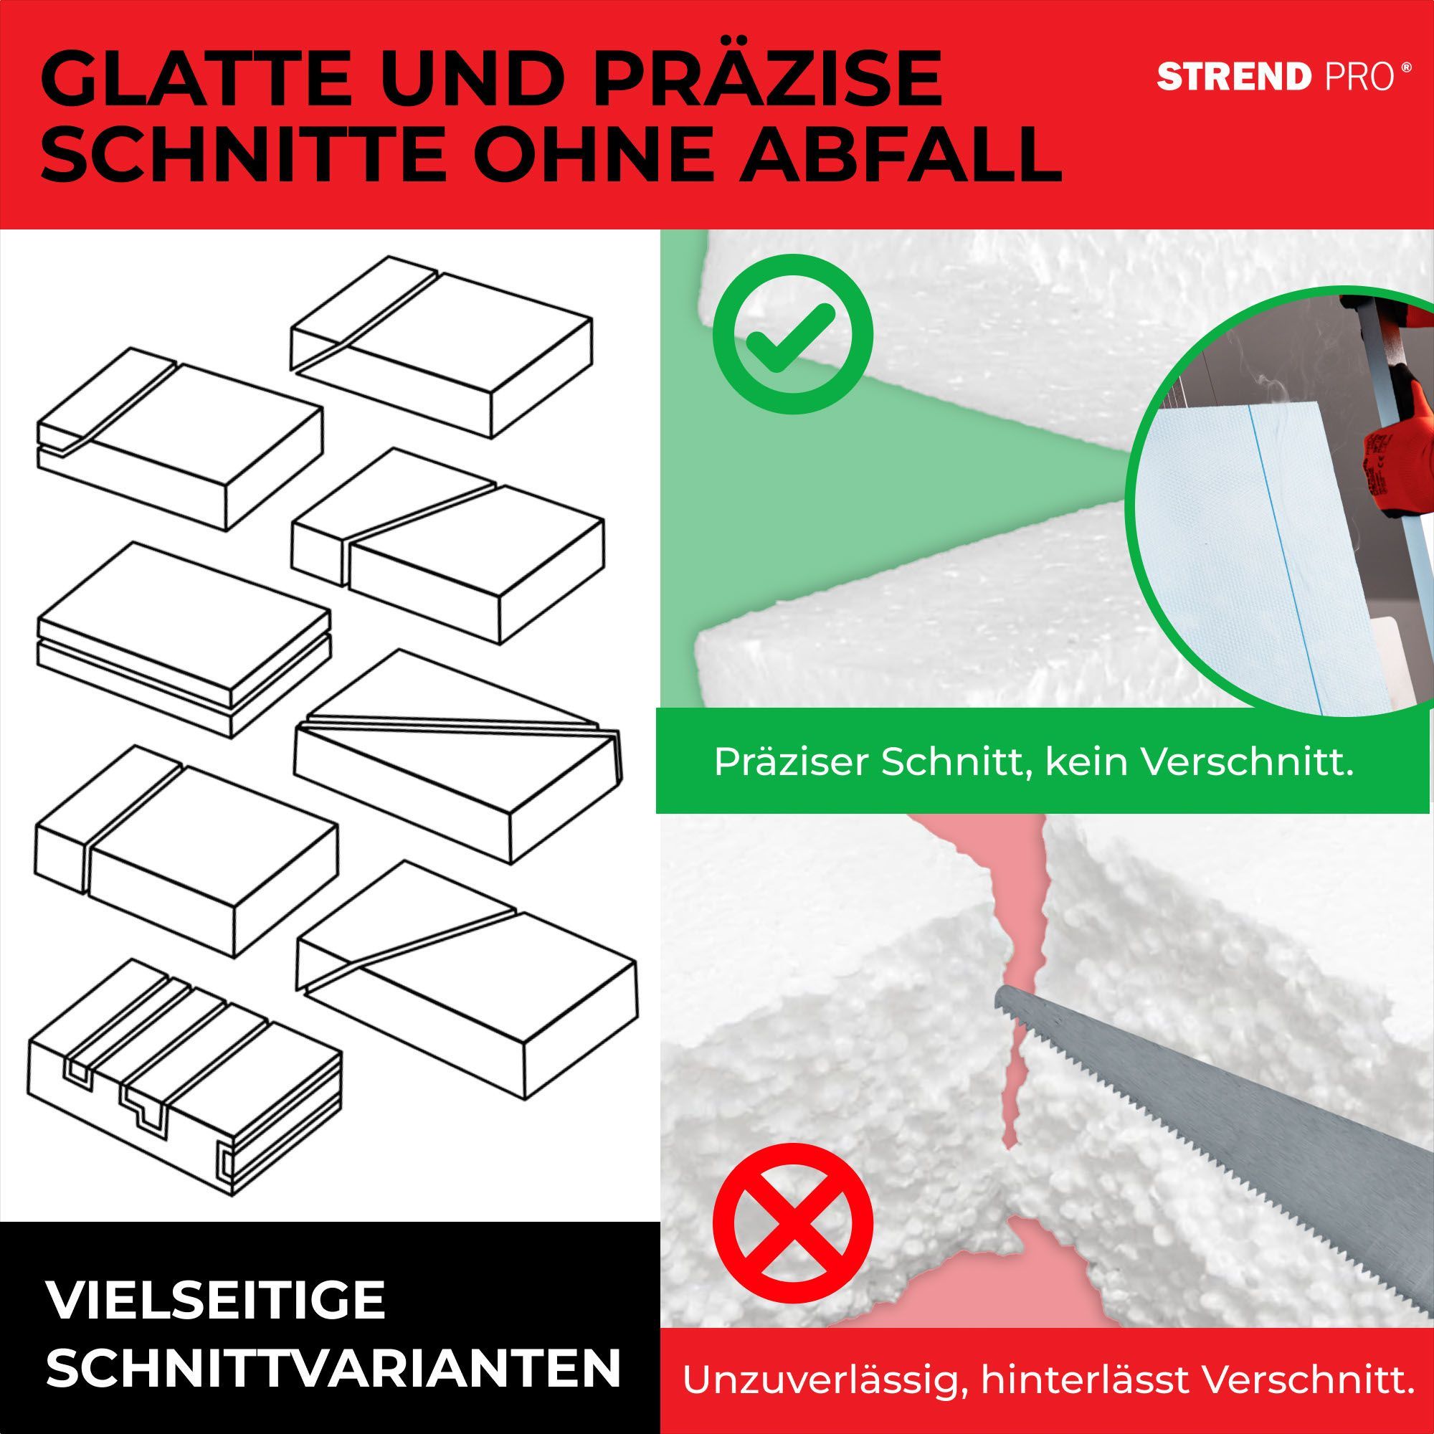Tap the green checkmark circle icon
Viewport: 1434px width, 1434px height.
[x=792, y=336]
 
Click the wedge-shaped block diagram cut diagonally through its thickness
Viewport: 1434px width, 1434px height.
[x=459, y=757]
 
